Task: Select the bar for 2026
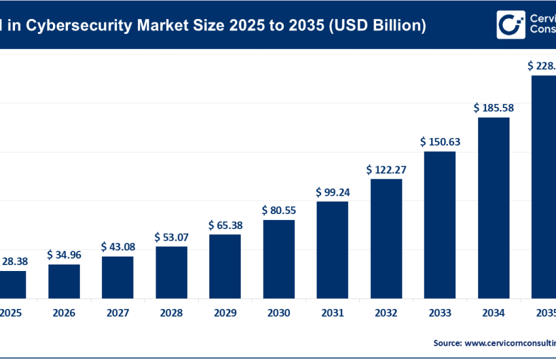point(64,281)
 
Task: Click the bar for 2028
point(171,272)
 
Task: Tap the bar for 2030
point(279,259)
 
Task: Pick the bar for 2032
point(386,238)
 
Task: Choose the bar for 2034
point(493,207)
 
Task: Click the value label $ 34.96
point(64,253)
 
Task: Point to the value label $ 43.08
point(118,246)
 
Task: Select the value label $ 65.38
point(225,225)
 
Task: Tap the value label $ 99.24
point(332,192)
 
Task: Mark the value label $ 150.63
point(440,141)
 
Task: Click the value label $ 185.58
point(493,107)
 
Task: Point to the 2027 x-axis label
point(118,314)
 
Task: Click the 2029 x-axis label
point(225,314)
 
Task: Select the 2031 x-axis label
point(332,314)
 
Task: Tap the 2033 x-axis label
point(440,314)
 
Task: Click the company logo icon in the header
point(510,25)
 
